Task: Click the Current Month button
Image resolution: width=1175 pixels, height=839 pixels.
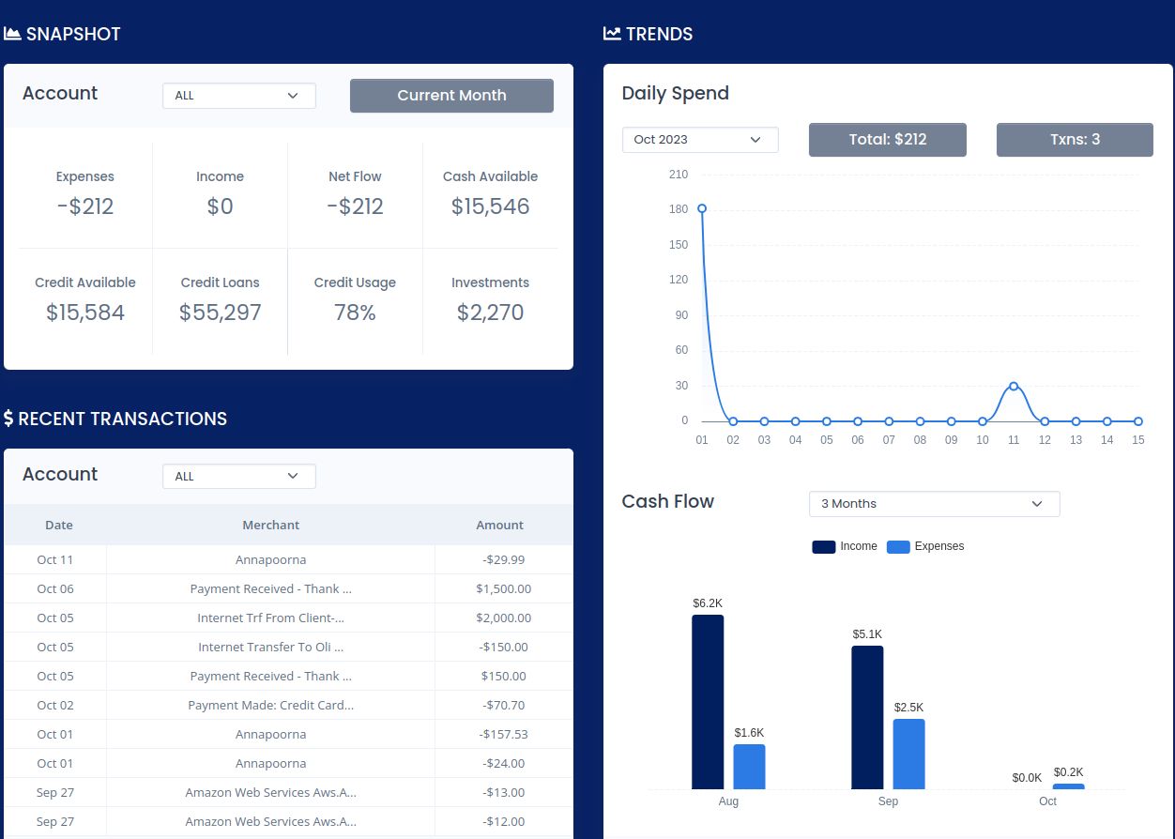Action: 451,96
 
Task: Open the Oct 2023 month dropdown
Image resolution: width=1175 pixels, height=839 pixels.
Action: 700,140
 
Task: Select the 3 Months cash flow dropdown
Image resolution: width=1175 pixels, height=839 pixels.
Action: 934,504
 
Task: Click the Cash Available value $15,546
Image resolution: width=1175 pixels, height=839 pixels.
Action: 491,206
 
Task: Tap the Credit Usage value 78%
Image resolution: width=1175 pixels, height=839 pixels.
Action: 355,313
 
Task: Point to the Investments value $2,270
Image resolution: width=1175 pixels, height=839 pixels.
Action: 491,313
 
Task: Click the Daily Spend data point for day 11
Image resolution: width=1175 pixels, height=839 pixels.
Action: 1014,386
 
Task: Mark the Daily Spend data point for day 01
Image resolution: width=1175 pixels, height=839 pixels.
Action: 702,208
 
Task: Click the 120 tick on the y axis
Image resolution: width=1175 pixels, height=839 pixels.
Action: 679,280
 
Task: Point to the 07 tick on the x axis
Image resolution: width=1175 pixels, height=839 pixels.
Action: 889,440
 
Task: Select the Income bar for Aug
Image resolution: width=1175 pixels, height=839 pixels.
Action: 708,702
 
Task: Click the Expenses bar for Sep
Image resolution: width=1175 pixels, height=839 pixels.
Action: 908,754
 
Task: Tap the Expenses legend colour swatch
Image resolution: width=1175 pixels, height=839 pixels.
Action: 898,547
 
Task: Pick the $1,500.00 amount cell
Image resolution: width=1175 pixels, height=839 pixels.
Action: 504,588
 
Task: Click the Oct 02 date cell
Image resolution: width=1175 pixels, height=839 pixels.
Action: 55,705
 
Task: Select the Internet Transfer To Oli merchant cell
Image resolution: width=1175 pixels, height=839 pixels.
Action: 270,647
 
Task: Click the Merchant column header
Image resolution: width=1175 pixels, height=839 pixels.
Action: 270,526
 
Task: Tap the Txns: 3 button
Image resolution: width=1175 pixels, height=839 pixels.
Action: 1075,140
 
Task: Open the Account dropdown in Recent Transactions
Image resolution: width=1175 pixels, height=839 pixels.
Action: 239,477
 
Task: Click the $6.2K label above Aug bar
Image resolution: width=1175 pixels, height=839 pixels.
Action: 708,603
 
